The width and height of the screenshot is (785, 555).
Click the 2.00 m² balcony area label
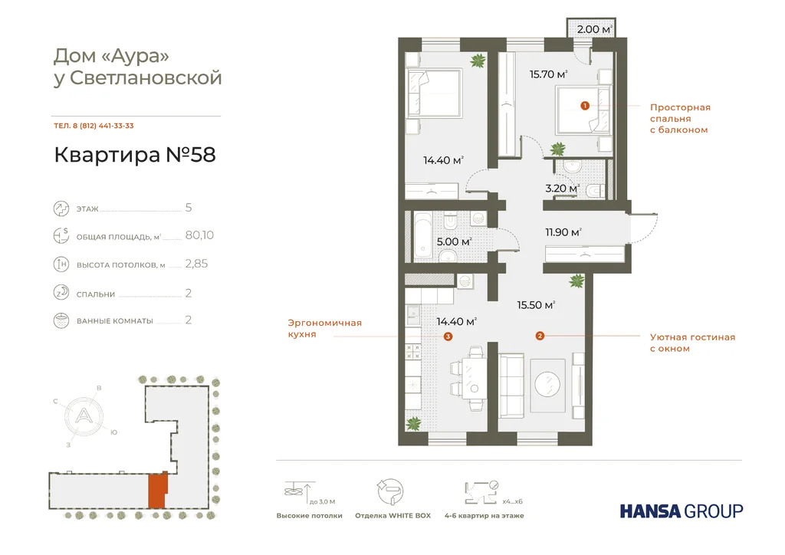[x=595, y=29]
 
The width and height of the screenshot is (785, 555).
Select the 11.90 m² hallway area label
[x=563, y=232]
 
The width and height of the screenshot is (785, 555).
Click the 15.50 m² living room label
[x=537, y=305]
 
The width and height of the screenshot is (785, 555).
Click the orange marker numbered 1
[x=584, y=106]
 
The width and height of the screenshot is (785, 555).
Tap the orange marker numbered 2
[x=540, y=336]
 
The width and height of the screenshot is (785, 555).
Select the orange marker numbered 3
[x=448, y=336]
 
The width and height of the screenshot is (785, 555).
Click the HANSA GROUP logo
[x=681, y=511]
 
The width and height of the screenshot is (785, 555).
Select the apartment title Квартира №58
[x=135, y=155]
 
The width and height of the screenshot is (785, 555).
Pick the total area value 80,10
[x=199, y=235]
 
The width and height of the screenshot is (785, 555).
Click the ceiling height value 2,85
[x=196, y=264]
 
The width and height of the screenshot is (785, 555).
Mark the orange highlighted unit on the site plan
[x=156, y=491]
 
